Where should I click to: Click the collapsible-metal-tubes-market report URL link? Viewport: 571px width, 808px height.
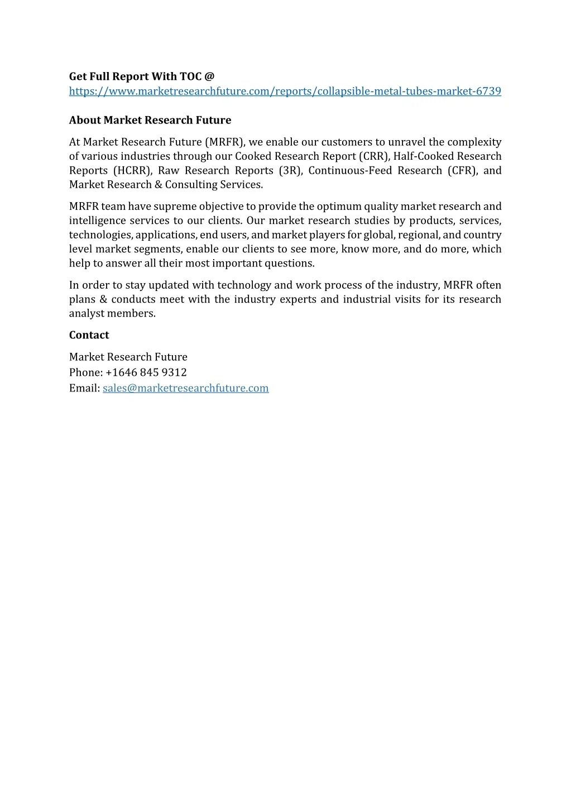(285, 91)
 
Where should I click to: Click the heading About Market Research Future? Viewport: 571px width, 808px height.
(150, 120)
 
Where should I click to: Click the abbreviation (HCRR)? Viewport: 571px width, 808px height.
(132, 170)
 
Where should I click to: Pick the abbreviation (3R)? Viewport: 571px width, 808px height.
(290, 170)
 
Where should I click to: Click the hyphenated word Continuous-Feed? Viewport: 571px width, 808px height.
(350, 170)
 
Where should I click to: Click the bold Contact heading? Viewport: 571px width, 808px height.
(89, 335)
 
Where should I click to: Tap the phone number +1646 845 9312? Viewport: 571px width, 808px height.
(146, 372)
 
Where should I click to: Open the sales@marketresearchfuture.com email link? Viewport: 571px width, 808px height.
(185, 388)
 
